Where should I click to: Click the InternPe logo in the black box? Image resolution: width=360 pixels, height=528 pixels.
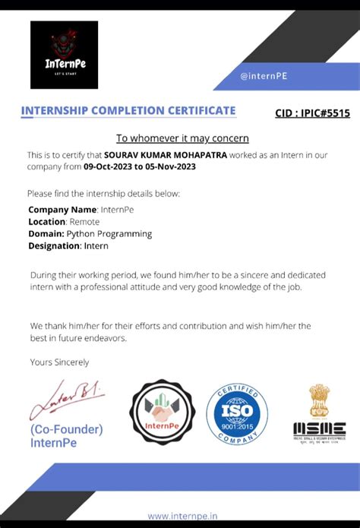(x=64, y=55)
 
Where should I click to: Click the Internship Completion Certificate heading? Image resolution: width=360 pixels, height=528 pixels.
(x=128, y=111)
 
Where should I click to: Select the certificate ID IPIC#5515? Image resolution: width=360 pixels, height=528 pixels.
(x=312, y=113)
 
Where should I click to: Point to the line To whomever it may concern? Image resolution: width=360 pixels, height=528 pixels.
(x=182, y=138)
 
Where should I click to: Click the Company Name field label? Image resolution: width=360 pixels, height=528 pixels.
(x=62, y=209)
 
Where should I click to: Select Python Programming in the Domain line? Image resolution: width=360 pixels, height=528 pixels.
(x=109, y=233)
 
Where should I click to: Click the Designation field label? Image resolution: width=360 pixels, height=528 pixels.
(x=57, y=245)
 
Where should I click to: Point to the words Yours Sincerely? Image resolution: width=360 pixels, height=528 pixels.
(x=58, y=362)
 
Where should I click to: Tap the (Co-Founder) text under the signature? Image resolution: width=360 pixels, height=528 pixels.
(x=67, y=429)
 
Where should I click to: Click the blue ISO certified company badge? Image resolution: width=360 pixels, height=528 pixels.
(x=237, y=413)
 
